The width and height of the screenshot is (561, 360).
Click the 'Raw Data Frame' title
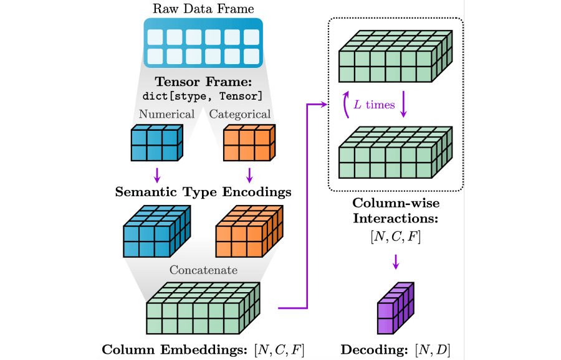203,9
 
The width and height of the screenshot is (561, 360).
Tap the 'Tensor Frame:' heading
203,82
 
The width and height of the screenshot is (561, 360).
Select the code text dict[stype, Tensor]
203,96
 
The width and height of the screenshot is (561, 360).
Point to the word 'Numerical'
166,114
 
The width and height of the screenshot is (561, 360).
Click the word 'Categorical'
240,114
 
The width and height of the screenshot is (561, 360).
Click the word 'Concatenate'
203,270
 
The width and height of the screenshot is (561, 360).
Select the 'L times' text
374,105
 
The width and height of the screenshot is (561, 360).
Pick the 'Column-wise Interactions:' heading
395,211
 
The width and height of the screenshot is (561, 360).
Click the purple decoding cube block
395,309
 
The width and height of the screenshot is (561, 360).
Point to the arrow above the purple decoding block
395,262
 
